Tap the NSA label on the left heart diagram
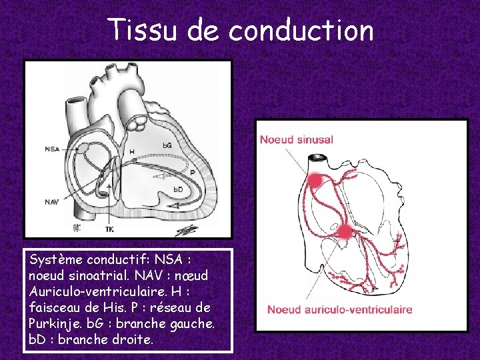[x=52, y=149]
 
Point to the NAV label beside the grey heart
[x=52, y=201]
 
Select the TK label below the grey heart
[x=109, y=229]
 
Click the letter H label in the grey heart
[x=131, y=153]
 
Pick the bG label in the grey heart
[x=168, y=145]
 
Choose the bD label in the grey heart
[x=179, y=190]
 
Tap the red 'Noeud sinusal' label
[x=296, y=140]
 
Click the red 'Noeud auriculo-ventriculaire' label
[x=339, y=309]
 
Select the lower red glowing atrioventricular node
[x=345, y=231]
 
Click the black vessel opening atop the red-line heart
[x=316, y=159]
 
